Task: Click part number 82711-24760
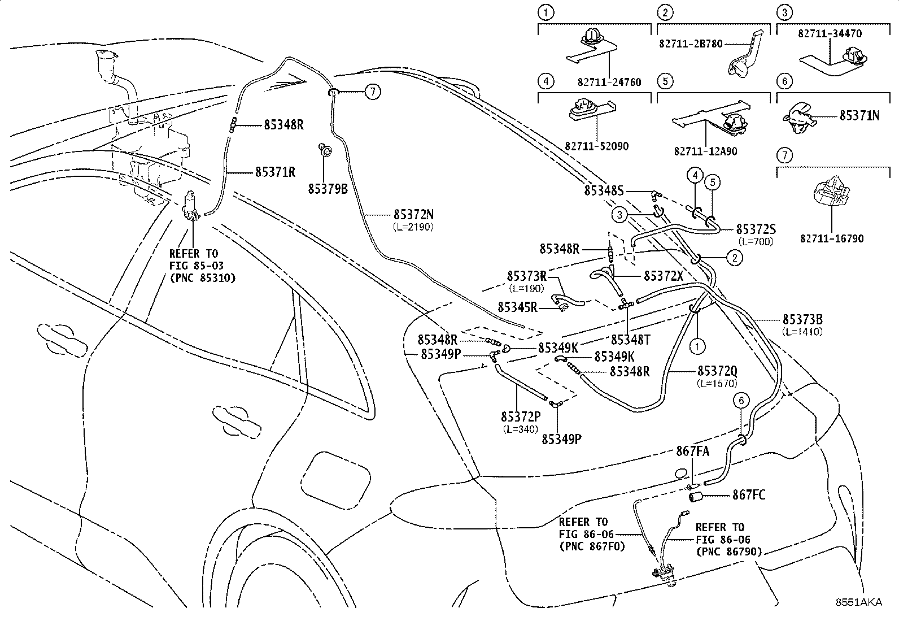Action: pyautogui.click(x=609, y=82)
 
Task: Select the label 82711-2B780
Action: pyautogui.click(x=691, y=44)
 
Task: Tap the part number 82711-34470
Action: pyautogui.click(x=830, y=33)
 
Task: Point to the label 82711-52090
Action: pyautogui.click(x=597, y=146)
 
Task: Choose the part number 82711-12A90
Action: pyautogui.click(x=705, y=151)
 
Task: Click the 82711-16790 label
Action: pyautogui.click(x=832, y=238)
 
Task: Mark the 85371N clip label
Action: pyautogui.click(x=859, y=116)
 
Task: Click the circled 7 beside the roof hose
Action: pyautogui.click(x=373, y=92)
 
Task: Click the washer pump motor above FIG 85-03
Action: pyautogui.click(x=191, y=206)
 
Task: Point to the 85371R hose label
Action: pyautogui.click(x=276, y=172)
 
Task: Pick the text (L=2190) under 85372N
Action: pyautogui.click(x=413, y=227)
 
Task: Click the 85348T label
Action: pyautogui.click(x=631, y=340)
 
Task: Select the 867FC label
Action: pyautogui.click(x=749, y=494)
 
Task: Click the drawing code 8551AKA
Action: pyautogui.click(x=859, y=602)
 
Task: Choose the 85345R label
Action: pyautogui.click(x=517, y=307)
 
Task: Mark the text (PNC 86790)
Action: pyautogui.click(x=729, y=551)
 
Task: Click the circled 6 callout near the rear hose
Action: pyautogui.click(x=741, y=400)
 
